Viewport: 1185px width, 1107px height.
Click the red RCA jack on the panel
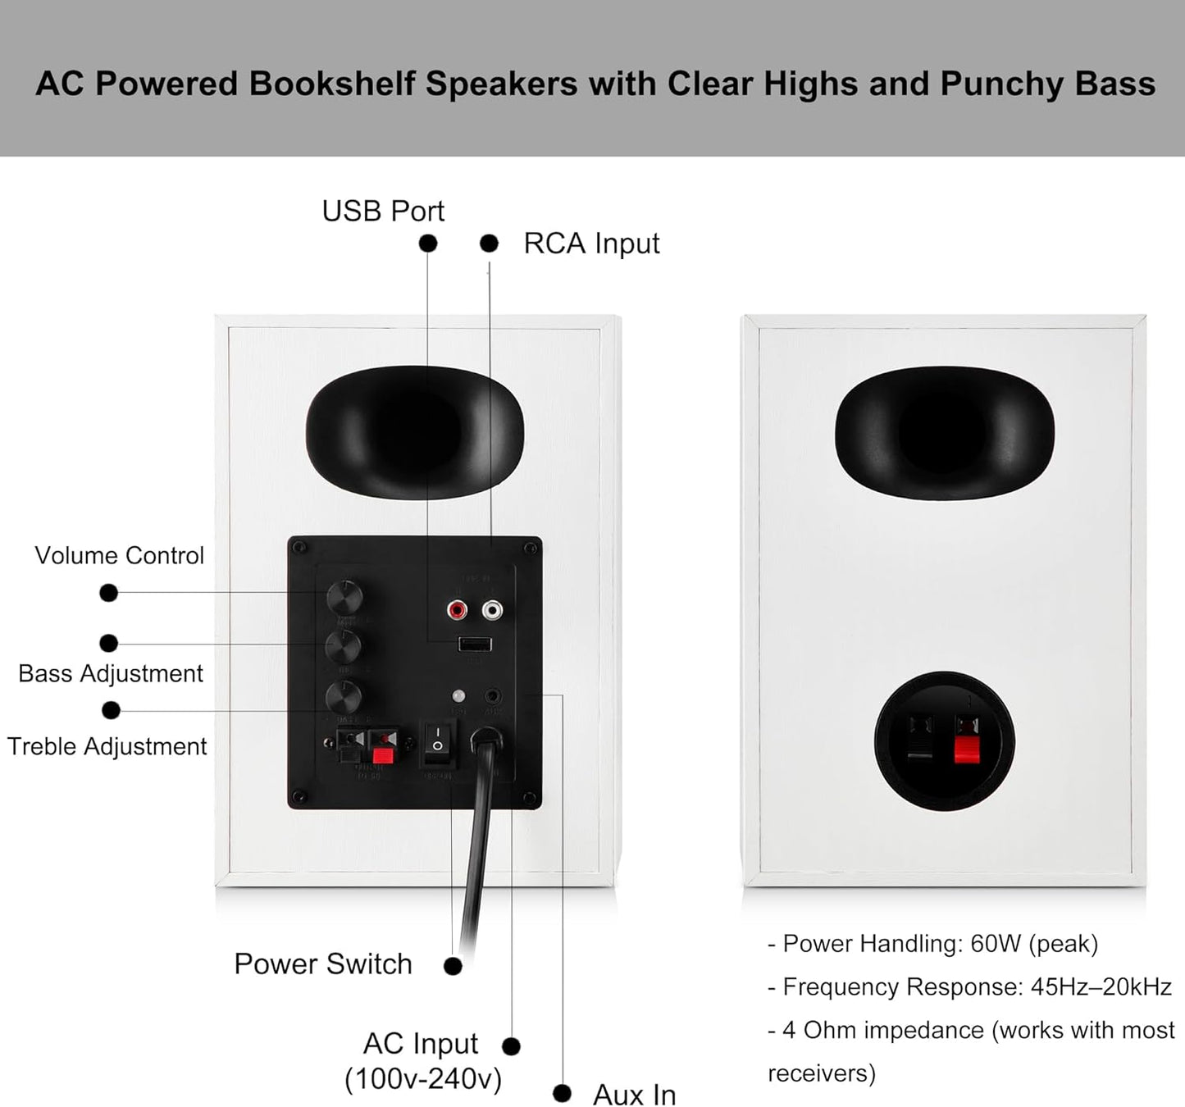(457, 609)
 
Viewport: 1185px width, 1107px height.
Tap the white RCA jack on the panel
(492, 609)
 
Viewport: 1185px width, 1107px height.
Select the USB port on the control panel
(475, 644)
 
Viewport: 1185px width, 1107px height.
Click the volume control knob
(344, 597)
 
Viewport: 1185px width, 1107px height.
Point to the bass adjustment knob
(344, 647)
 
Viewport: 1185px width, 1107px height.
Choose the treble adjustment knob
(344, 698)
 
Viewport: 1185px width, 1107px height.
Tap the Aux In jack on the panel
(493, 696)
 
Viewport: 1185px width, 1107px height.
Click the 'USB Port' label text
(383, 212)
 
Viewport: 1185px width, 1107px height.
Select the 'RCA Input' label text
(591, 244)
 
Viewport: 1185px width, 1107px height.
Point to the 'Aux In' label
(634, 1094)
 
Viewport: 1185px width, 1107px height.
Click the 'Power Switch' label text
(323, 963)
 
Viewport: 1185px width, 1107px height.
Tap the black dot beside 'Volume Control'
(108, 592)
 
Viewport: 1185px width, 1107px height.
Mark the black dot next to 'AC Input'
(511, 1045)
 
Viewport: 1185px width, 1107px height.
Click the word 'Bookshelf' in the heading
(331, 84)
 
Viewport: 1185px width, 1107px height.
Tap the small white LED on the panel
(458, 696)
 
